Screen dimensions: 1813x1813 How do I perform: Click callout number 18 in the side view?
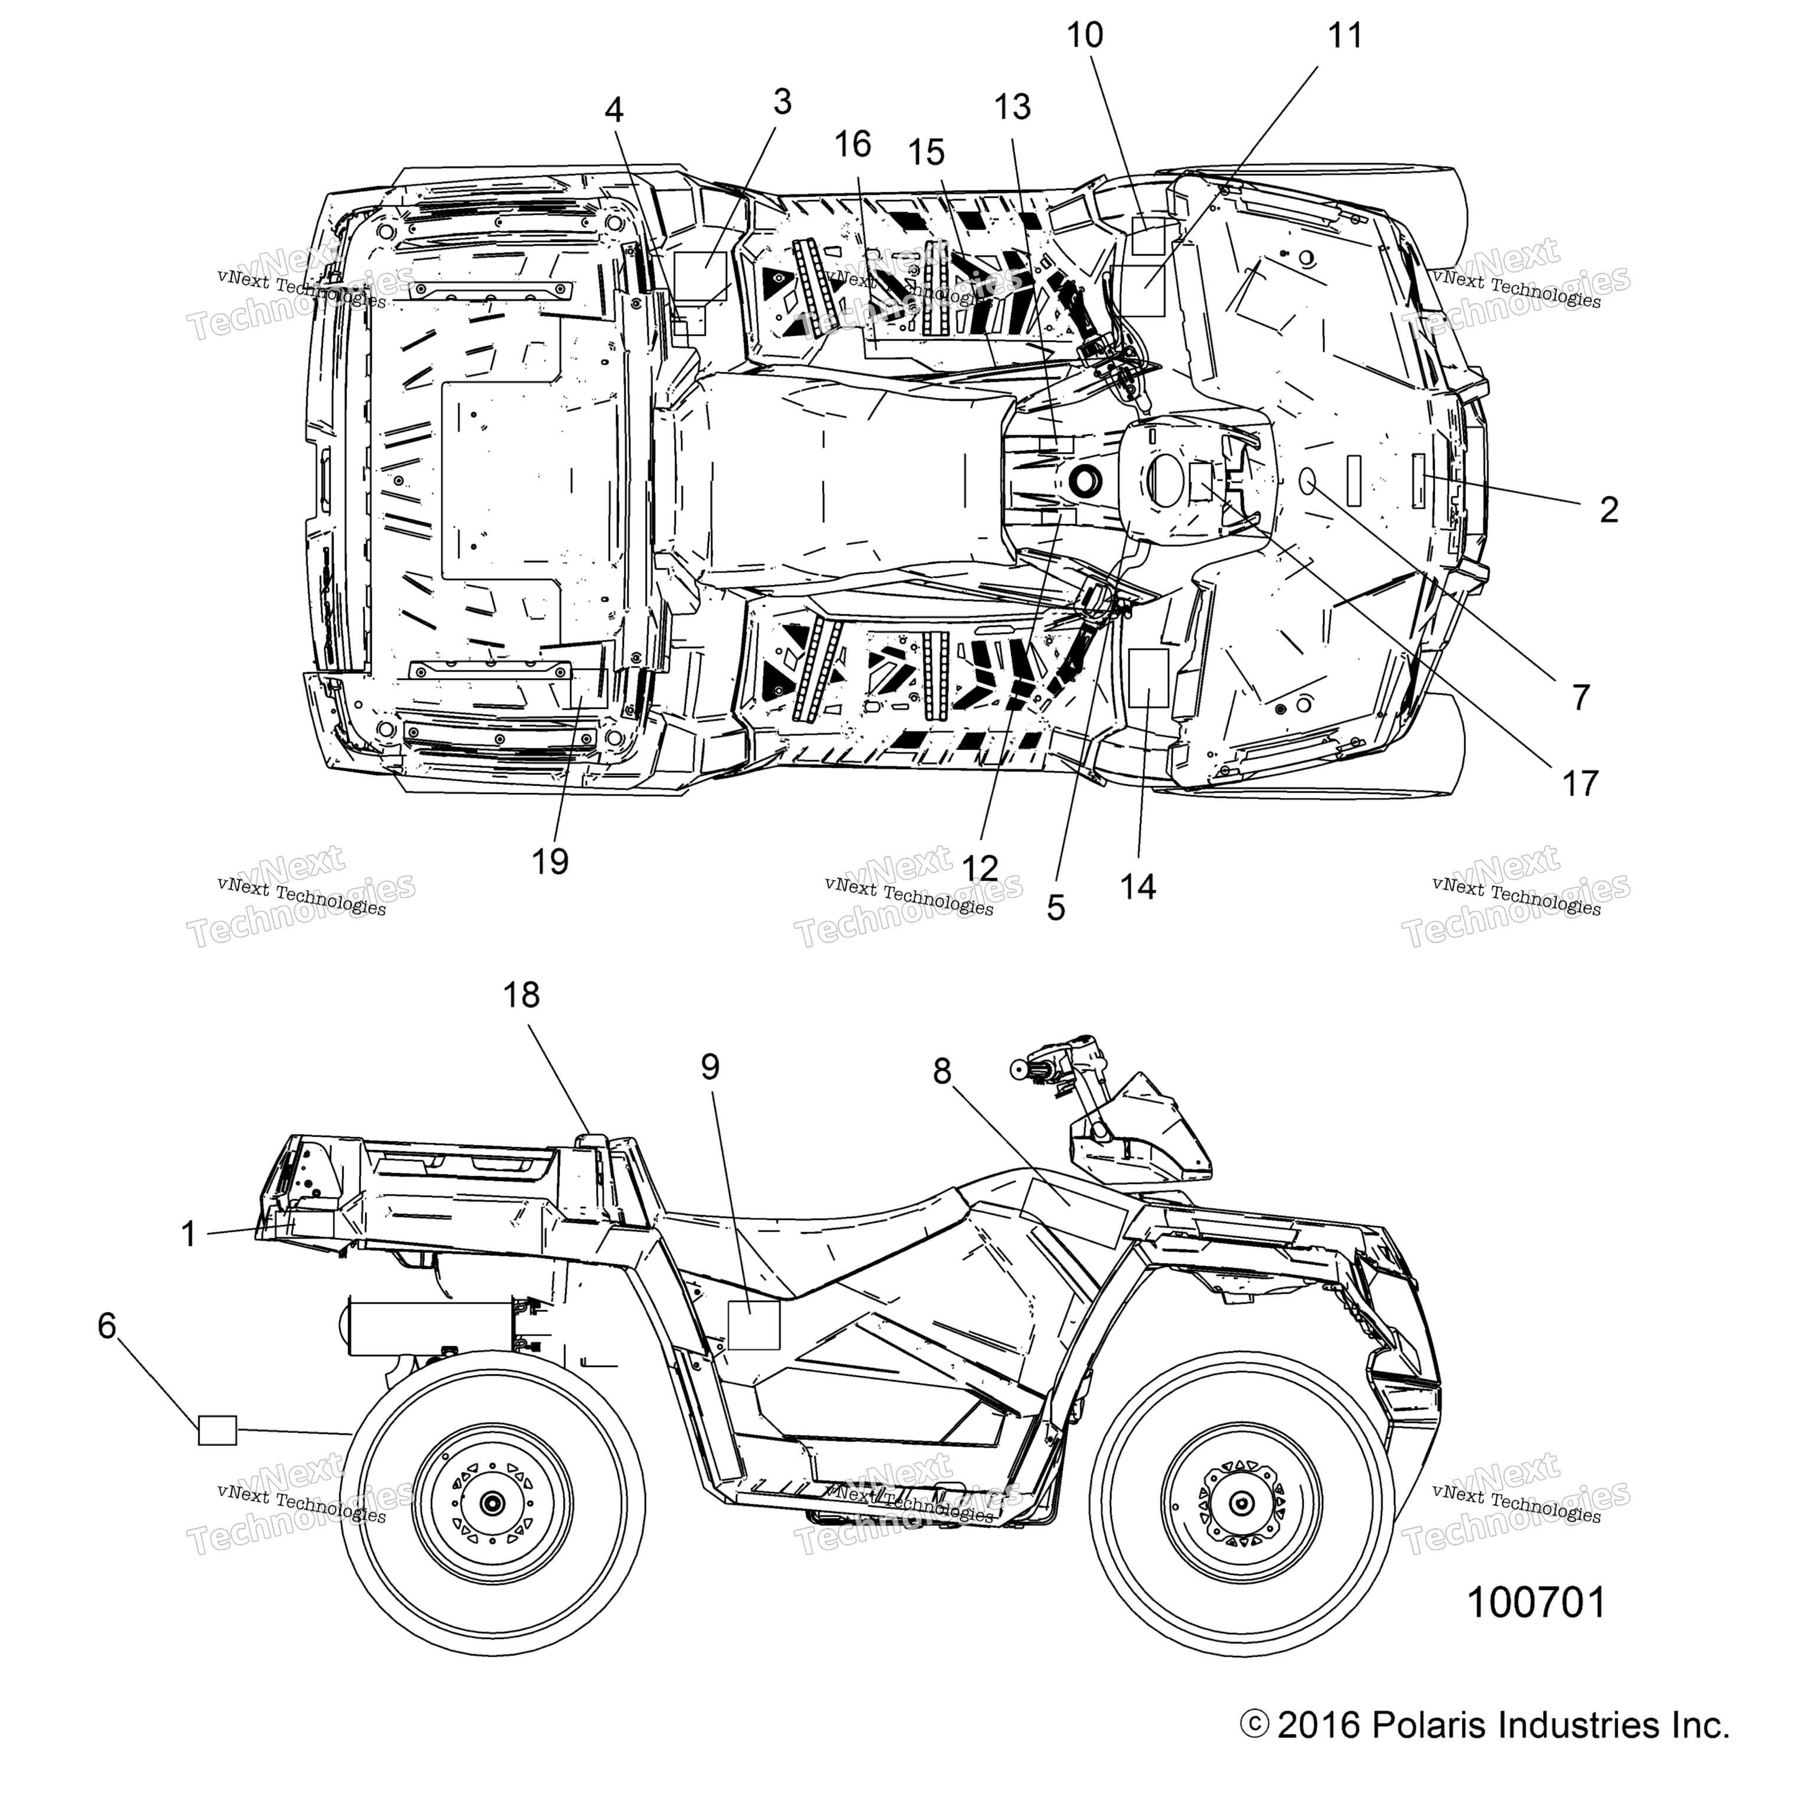522,994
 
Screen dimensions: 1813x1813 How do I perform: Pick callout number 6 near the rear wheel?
107,1326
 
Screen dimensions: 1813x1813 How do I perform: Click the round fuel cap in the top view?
1084,480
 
